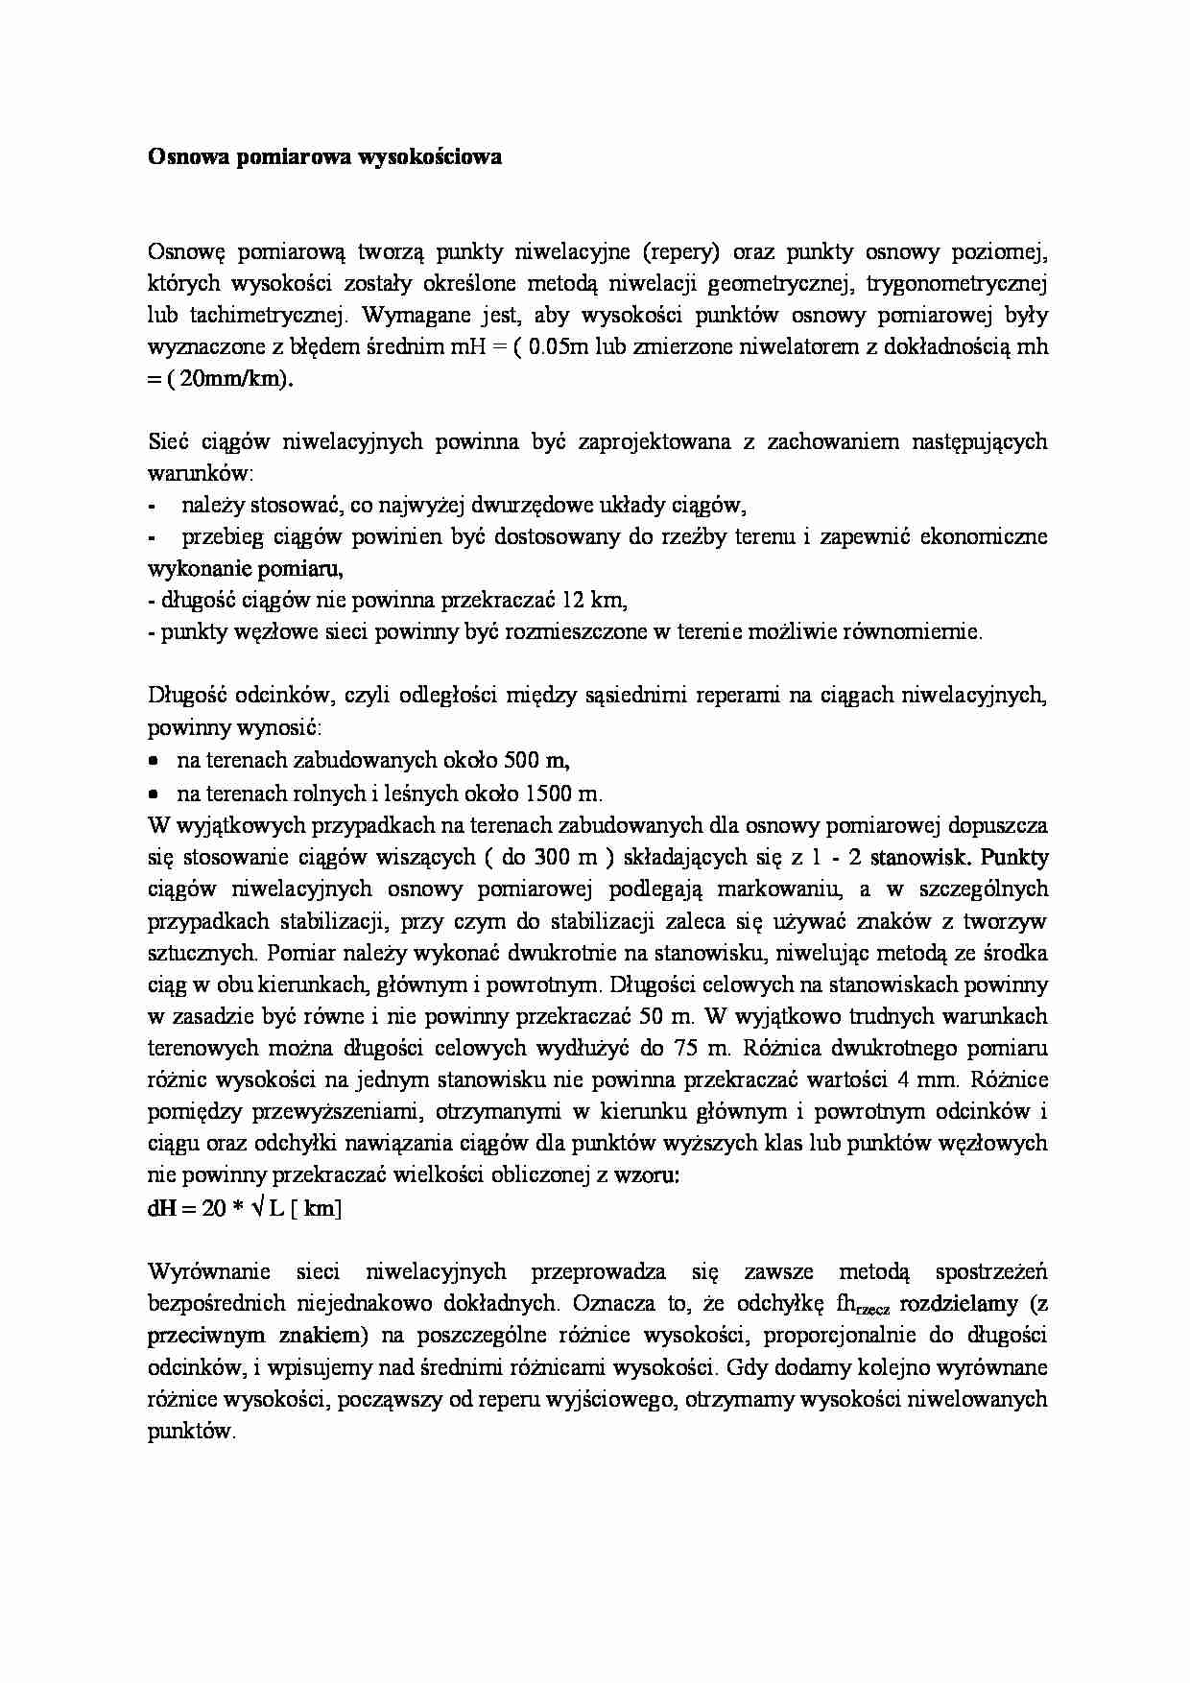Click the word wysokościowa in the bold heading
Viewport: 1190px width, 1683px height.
click(x=430, y=157)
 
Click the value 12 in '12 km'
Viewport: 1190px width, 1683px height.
click(x=573, y=601)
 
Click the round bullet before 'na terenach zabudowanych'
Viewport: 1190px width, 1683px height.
click(x=154, y=761)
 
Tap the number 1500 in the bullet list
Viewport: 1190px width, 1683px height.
click(x=551, y=794)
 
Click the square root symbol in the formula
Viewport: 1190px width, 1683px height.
click(x=257, y=1208)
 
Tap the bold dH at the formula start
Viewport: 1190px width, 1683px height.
click(x=159, y=1208)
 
